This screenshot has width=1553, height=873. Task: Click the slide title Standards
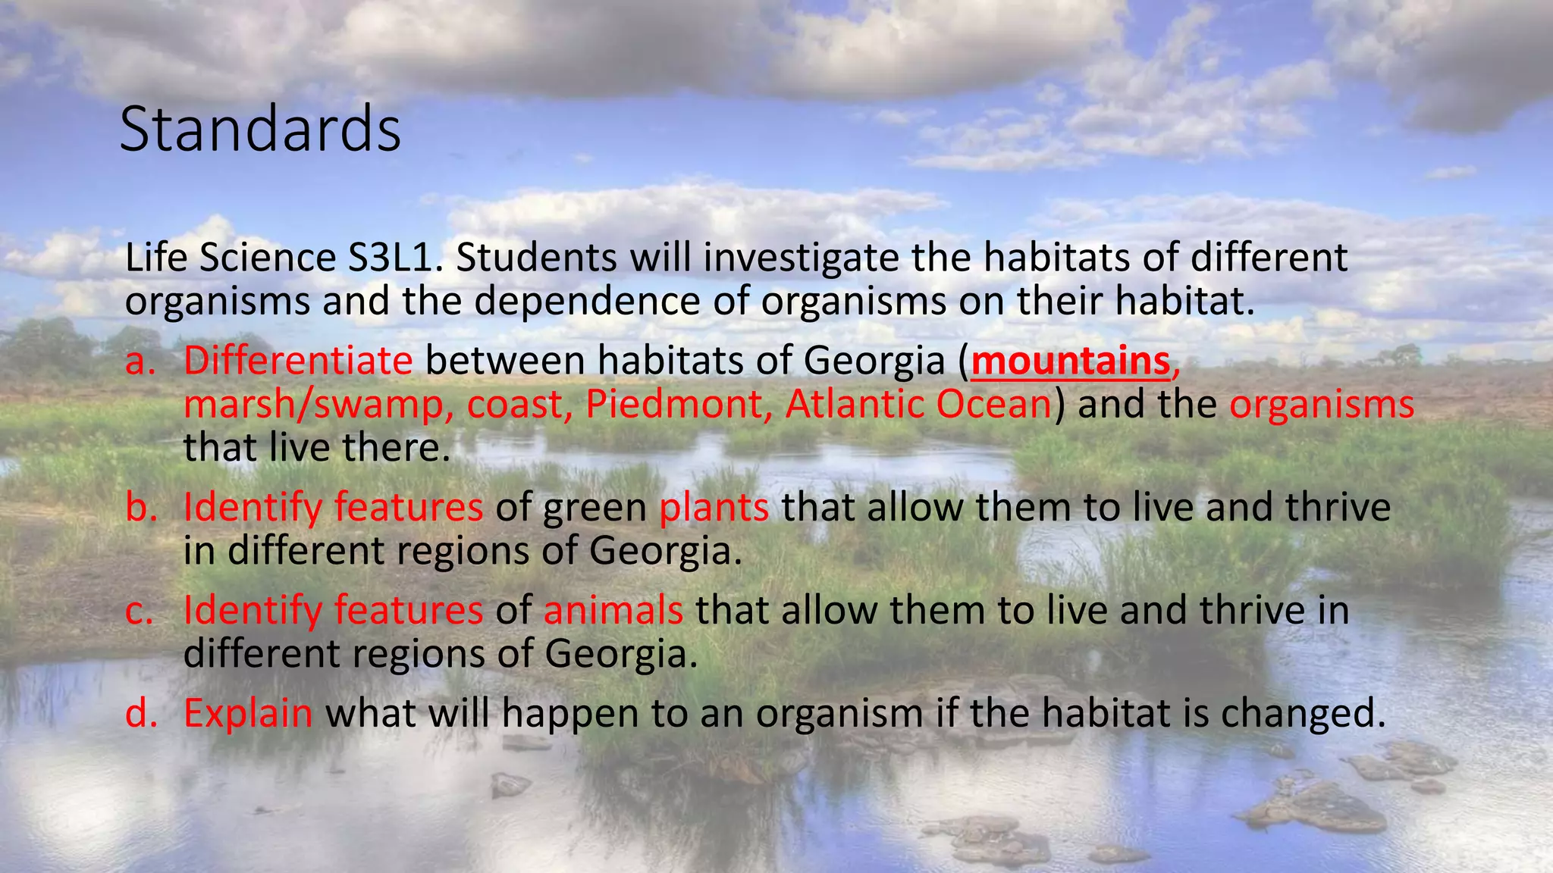coord(260,130)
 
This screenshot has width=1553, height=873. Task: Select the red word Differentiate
coord(298,361)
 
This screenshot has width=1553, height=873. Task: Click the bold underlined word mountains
coord(1071,361)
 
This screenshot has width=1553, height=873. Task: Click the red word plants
coord(714,508)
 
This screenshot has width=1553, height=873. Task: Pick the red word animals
coord(613,610)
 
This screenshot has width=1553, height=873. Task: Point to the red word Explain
coord(248,714)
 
